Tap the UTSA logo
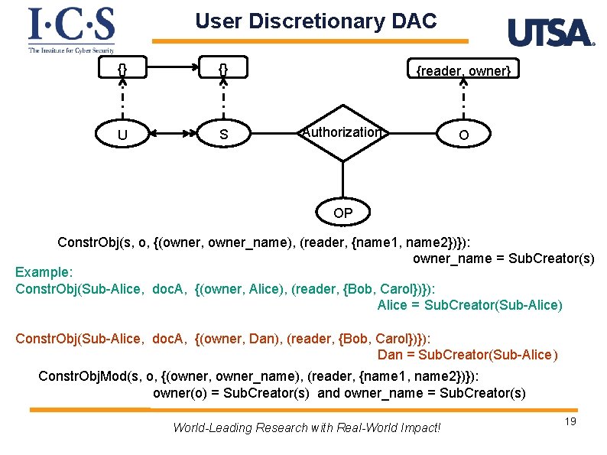click(x=550, y=33)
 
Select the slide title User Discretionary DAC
click(x=316, y=21)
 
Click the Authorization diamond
click(x=342, y=132)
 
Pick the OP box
click(x=343, y=213)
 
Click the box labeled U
click(x=122, y=135)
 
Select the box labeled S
click(x=223, y=135)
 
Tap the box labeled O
click(x=463, y=135)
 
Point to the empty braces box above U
click(x=122, y=70)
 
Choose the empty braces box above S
click(x=223, y=70)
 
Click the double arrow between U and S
click(x=173, y=134)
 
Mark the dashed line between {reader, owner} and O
click(x=463, y=99)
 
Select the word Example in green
click(x=44, y=273)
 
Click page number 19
click(x=569, y=422)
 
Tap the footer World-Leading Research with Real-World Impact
click(x=307, y=427)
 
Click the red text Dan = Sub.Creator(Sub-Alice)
click(x=468, y=355)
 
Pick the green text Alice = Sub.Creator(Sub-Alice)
click(x=469, y=305)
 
